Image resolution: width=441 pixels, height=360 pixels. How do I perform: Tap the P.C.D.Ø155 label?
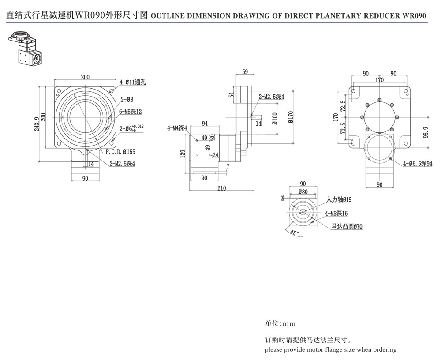120,152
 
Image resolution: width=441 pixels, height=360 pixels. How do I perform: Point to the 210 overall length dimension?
221,188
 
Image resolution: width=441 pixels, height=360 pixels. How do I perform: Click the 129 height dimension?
183,153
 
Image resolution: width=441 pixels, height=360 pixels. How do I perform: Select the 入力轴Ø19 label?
339,200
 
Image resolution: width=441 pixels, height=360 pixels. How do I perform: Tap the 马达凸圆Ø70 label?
347,227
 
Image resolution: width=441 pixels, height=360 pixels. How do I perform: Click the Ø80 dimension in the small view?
303,192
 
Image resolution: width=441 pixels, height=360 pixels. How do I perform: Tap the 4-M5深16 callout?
336,213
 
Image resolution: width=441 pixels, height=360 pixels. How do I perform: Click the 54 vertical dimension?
231,94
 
